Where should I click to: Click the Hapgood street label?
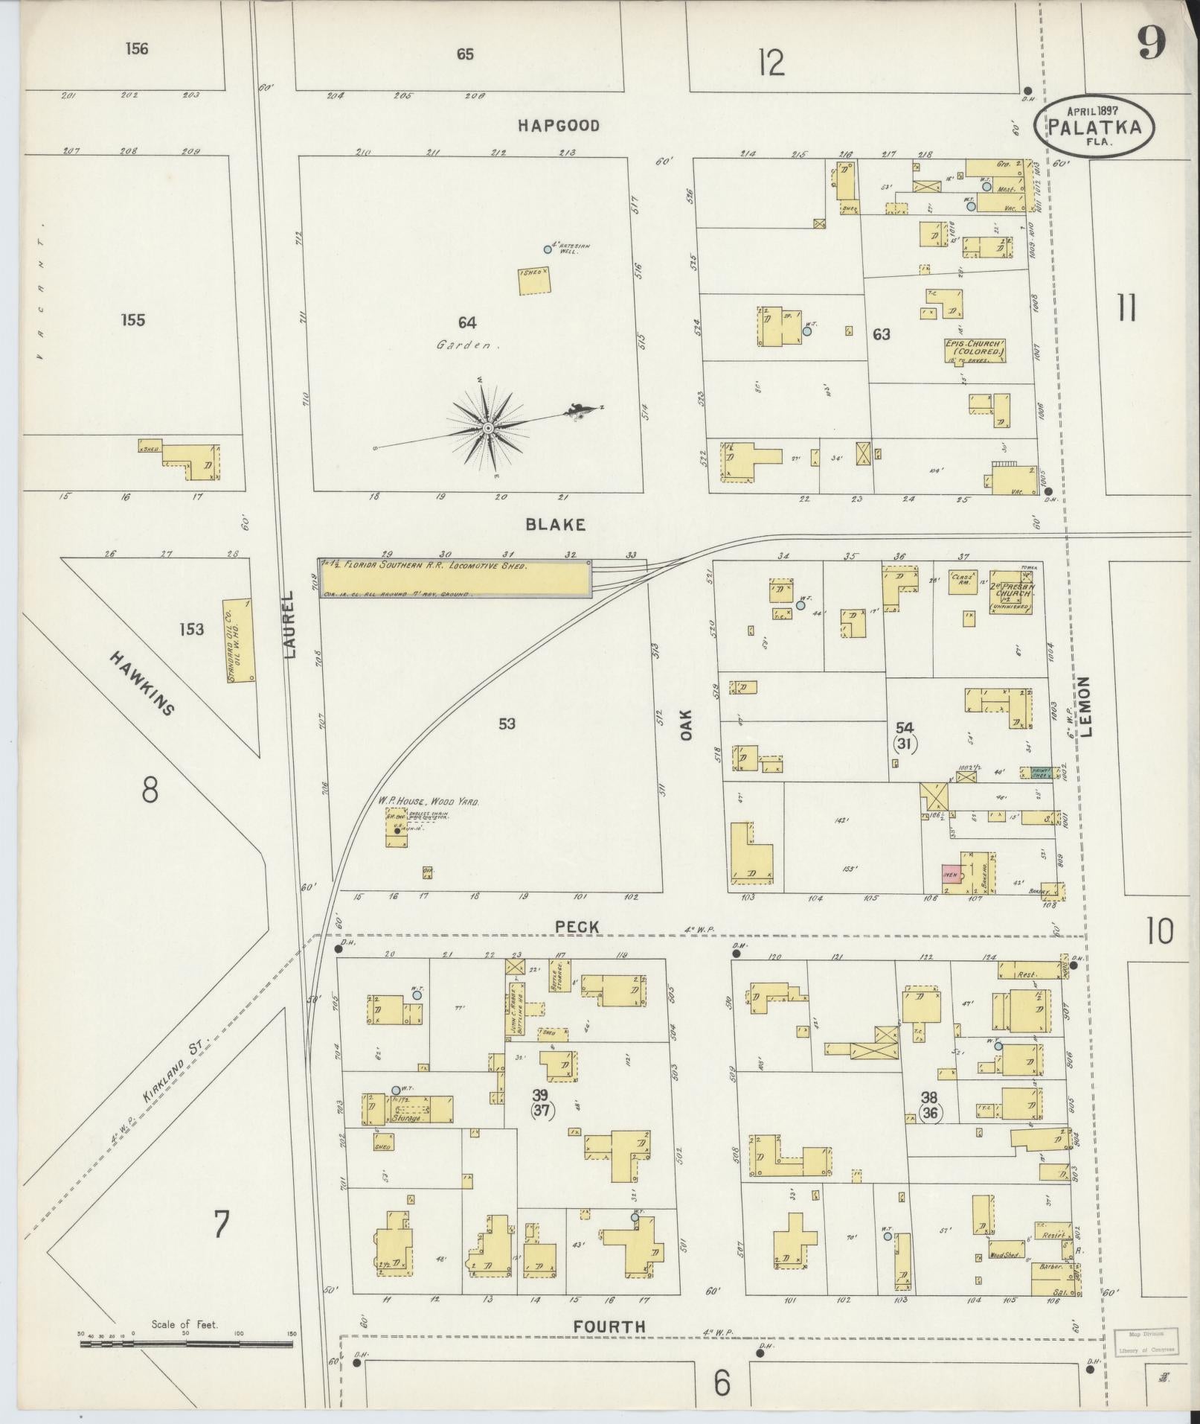(x=558, y=126)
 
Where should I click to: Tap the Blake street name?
(x=555, y=524)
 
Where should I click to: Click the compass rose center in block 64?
(x=487, y=428)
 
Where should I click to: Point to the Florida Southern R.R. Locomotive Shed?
(x=455, y=578)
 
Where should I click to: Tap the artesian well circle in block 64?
(x=548, y=249)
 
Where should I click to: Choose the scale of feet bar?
(x=186, y=1344)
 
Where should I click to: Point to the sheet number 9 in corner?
(x=1150, y=46)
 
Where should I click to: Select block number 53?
(x=507, y=723)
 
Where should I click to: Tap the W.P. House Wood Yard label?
(x=428, y=802)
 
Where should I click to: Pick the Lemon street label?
(x=1090, y=706)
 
